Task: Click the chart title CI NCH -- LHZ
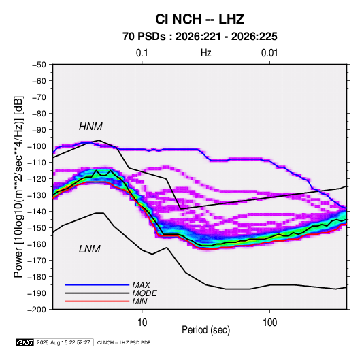[x=199, y=19]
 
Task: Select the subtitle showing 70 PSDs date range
[x=200, y=37]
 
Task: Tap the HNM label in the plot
[x=90, y=127]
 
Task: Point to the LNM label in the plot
[x=90, y=249]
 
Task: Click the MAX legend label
[x=141, y=284]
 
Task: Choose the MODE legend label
[x=145, y=293]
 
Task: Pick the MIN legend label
[x=139, y=301]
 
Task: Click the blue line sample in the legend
[x=97, y=284]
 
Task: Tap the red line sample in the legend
[x=97, y=301]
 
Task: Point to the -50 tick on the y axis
[x=39, y=65]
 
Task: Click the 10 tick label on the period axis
[x=142, y=323]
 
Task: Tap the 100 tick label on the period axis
[x=269, y=323]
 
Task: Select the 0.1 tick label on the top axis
[x=142, y=53]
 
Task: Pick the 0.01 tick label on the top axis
[x=269, y=53]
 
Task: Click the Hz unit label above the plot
[x=206, y=53]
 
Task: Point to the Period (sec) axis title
[x=206, y=330]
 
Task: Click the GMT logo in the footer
[x=24, y=342]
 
